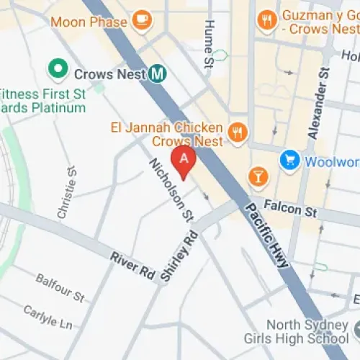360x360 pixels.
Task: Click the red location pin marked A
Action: [x=184, y=161]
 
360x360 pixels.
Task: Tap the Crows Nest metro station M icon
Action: [x=158, y=73]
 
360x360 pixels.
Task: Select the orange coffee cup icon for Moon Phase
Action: [x=143, y=21]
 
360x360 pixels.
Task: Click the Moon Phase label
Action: [x=89, y=22]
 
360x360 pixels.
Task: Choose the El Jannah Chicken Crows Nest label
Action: [x=167, y=134]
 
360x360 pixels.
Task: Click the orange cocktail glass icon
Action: [x=256, y=175]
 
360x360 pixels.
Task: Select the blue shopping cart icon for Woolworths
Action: [x=290, y=161]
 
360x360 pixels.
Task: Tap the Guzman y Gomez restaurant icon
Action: [x=268, y=21]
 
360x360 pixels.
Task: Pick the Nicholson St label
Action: [x=171, y=189]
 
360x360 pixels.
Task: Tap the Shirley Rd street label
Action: [x=181, y=256]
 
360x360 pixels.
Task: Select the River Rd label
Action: [x=132, y=264]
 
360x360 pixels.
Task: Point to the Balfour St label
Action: [x=60, y=287]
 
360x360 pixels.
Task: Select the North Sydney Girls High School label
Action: [x=308, y=331]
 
